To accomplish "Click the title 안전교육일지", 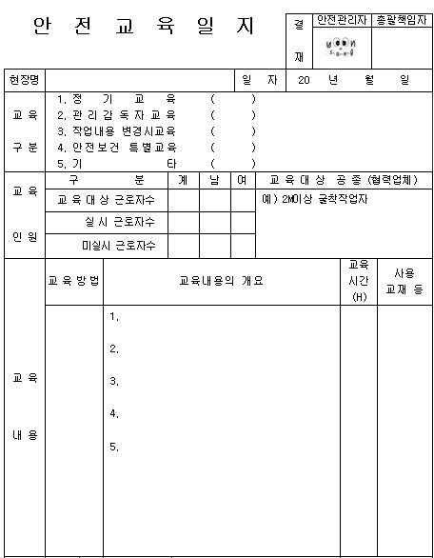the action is coord(144,28).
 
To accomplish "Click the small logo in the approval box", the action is coord(340,47).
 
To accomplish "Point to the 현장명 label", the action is coord(24,80).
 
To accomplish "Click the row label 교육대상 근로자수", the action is coord(106,200).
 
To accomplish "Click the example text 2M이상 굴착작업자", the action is coord(316,200).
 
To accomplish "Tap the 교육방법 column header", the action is coord(74,281).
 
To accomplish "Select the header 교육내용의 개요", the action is coord(221,281).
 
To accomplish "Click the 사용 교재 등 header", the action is coord(404,281).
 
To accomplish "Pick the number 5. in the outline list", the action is coord(114,447).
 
